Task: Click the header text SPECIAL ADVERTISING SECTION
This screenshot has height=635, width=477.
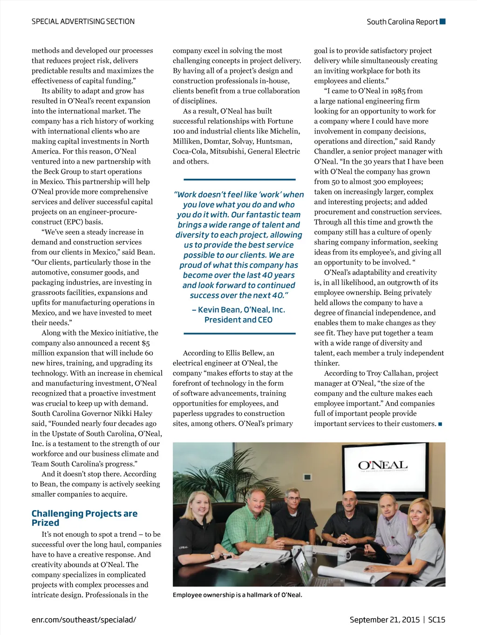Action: [83, 21]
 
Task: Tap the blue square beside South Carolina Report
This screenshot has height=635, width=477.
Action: [443, 21]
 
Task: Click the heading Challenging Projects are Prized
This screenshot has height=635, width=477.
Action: [84, 518]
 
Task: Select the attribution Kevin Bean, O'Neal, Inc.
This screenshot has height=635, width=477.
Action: [238, 310]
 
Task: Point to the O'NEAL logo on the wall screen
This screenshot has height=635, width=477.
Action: [382, 465]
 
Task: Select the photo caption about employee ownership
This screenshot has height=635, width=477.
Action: [237, 595]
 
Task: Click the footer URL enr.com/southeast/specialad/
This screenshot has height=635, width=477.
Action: [84, 620]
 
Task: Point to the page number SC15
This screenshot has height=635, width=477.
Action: [436, 620]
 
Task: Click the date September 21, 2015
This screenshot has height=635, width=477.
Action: [385, 620]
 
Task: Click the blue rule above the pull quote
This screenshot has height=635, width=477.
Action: [239, 179]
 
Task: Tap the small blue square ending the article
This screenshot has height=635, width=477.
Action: [440, 424]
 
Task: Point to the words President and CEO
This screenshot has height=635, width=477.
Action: [238, 320]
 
